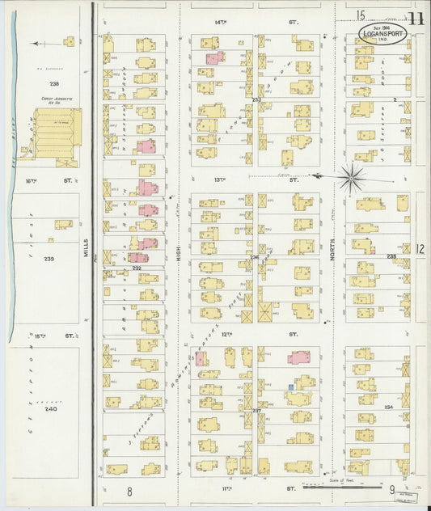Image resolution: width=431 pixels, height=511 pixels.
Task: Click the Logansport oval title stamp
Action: [x=382, y=33]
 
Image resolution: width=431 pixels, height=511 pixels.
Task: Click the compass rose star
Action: [x=352, y=177]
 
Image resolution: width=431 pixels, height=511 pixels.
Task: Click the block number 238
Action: [x=55, y=84]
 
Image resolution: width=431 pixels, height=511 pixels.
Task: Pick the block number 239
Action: [x=55, y=259]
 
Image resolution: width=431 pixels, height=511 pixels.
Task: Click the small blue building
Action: [x=290, y=388]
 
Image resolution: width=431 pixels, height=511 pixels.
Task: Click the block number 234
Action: [x=389, y=407]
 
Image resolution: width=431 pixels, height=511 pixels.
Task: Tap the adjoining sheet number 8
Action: [x=128, y=491]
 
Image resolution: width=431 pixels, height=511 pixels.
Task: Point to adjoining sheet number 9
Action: [x=391, y=490]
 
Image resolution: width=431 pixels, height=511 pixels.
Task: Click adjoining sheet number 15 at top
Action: [x=361, y=15]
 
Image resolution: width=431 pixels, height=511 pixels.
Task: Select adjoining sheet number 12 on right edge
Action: [x=420, y=250]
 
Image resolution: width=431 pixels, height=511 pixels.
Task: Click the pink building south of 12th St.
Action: [x=298, y=357]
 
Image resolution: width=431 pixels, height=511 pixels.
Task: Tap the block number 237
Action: [x=257, y=410]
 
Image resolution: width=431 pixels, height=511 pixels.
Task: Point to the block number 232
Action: [x=137, y=268]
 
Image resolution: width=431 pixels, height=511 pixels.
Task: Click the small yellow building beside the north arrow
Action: [x=70, y=40]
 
